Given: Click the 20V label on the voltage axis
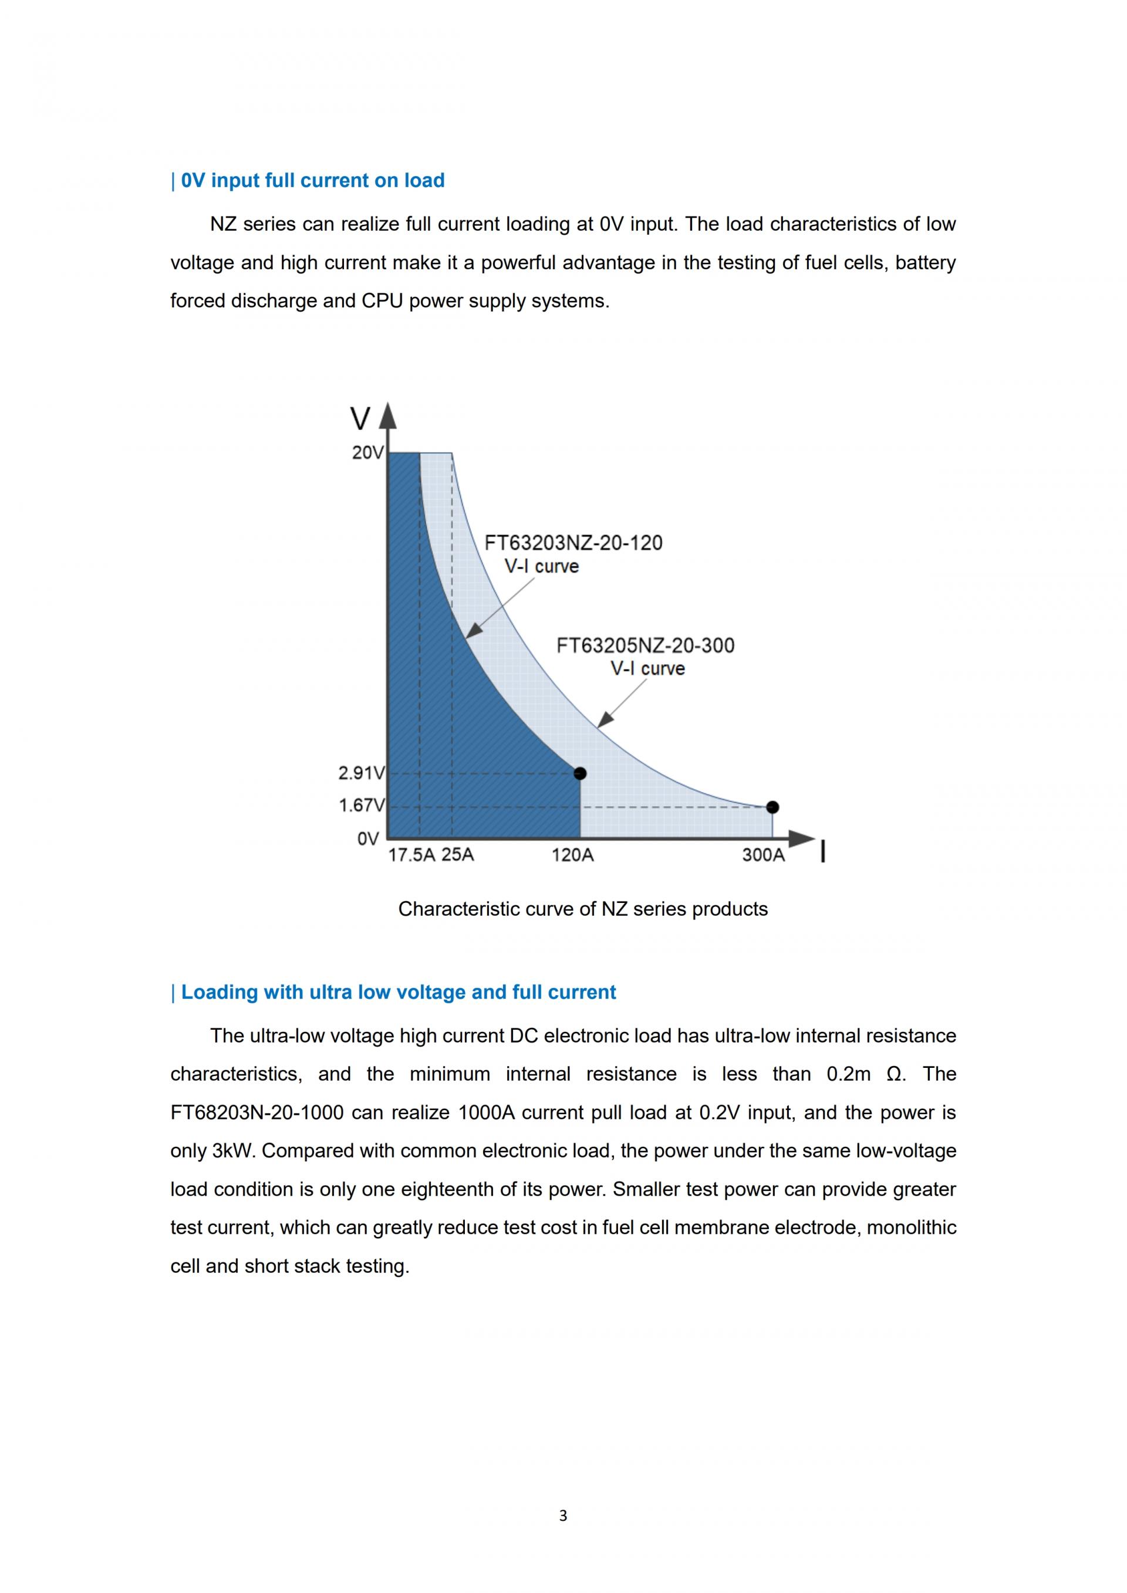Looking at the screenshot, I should (367, 453).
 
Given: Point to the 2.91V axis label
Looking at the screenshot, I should (361, 773).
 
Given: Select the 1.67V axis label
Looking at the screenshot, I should (361, 806).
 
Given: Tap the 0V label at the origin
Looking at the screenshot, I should (368, 839).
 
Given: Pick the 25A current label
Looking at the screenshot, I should (457, 855).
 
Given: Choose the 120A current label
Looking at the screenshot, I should (572, 855).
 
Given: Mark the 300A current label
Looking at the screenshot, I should (763, 855).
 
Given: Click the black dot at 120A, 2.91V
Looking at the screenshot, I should (580, 773).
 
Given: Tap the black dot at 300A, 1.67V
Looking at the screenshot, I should (772, 807).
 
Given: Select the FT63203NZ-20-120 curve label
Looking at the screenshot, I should (573, 543).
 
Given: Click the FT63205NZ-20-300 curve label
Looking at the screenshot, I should (646, 645).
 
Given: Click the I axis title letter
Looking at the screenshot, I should (823, 851).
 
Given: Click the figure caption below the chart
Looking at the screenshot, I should (583, 909).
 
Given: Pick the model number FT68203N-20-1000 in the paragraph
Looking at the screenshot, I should (257, 1112).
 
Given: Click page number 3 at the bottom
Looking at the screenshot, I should (563, 1516).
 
